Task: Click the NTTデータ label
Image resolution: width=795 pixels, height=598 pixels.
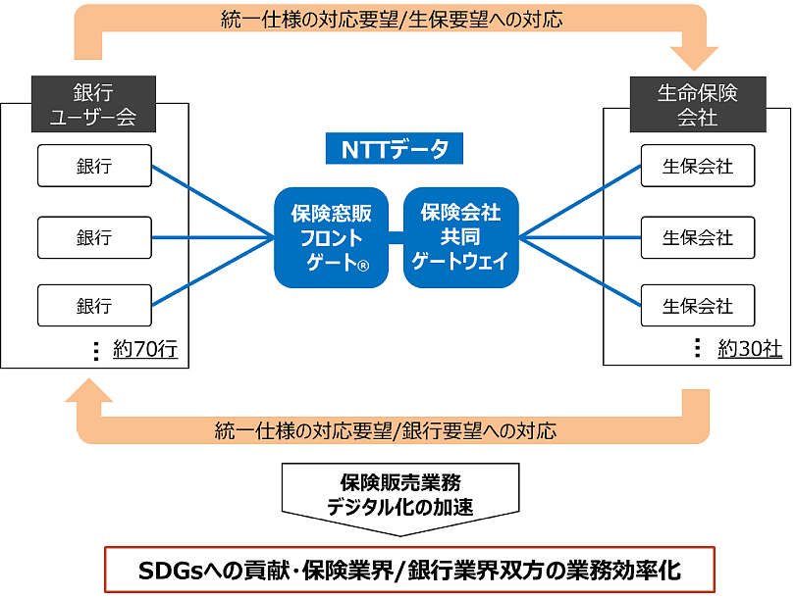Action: point(395,150)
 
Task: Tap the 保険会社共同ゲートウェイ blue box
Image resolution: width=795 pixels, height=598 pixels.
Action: point(460,237)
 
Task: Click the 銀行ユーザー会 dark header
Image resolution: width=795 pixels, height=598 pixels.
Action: point(94,105)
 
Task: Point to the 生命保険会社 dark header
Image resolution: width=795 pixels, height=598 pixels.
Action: point(697,105)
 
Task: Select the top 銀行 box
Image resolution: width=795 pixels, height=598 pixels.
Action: point(94,166)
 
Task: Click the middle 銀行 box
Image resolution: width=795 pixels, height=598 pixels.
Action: point(94,236)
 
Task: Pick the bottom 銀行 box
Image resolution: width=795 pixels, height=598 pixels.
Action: point(94,306)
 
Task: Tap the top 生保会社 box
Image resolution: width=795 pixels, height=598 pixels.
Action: point(698,166)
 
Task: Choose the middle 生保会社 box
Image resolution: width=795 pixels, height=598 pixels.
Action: point(698,236)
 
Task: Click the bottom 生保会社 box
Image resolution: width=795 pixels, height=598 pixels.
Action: point(698,306)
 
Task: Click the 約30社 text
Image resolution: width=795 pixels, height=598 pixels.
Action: point(750,349)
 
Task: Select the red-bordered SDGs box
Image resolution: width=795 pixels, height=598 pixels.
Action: point(410,570)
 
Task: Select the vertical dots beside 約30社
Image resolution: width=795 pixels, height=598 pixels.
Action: point(698,348)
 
